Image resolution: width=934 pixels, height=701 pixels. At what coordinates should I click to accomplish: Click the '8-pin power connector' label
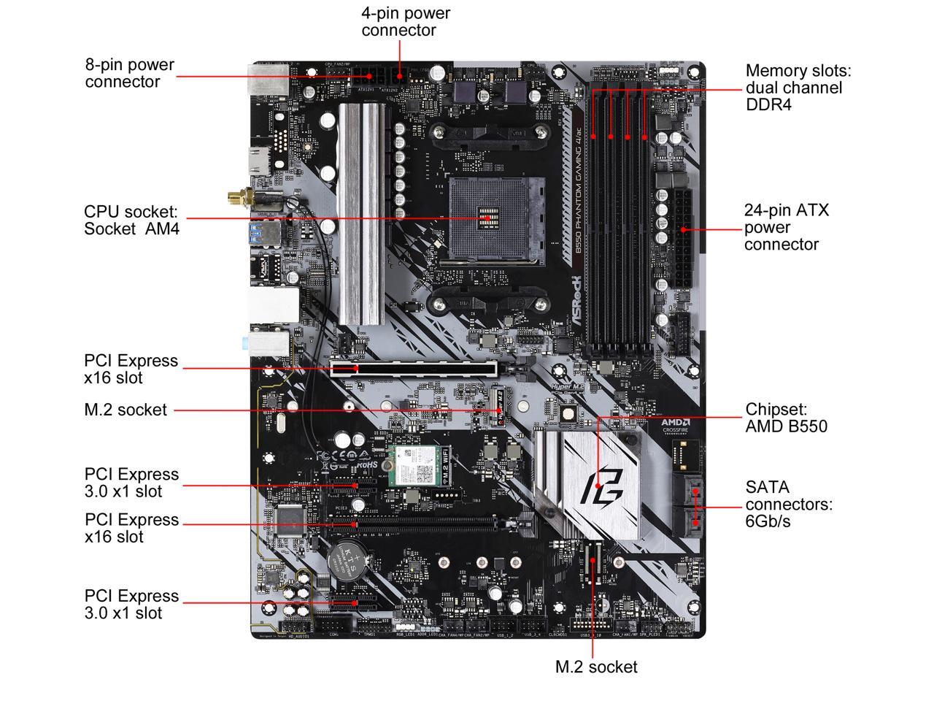pos(130,73)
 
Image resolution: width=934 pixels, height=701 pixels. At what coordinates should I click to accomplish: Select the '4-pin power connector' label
pos(406,22)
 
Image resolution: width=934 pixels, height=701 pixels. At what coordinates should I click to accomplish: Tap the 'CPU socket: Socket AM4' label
pos(131,220)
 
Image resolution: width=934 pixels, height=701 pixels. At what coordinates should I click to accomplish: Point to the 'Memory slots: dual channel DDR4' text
pos(798,88)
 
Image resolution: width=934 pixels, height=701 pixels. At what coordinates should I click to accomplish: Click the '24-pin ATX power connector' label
pos(787,227)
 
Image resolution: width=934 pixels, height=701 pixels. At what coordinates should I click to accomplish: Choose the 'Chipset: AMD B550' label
pos(786,418)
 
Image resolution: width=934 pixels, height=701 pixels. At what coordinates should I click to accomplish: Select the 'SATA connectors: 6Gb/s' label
pos(788,504)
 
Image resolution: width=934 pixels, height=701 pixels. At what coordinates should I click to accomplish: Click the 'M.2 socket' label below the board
pos(595,667)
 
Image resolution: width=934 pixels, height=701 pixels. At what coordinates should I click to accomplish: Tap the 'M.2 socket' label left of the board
pos(126,410)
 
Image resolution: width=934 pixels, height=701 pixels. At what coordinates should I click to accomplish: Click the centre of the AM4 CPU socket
pos(487,218)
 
